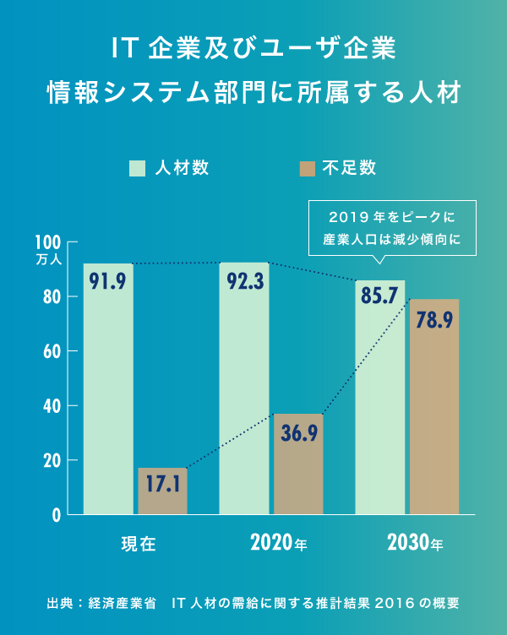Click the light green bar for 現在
coord(108,388)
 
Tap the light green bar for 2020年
coord(244,388)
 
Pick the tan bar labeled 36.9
coord(298,464)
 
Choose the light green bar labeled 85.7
coord(379,397)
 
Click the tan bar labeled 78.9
coord(434,406)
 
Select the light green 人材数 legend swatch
coord(138,167)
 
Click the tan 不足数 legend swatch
coord(307,167)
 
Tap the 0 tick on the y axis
coord(57,514)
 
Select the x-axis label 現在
coord(139,543)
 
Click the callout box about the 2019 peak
coord(394,226)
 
